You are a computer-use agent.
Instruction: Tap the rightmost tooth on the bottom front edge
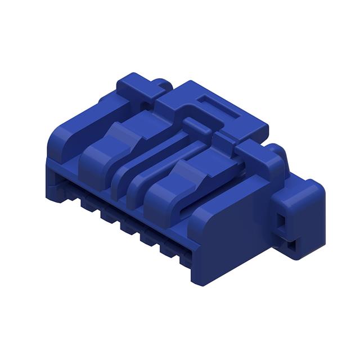tap(169, 247)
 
